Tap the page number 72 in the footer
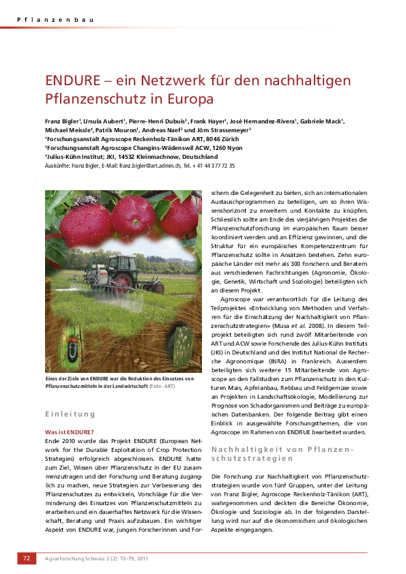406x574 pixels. (x=27, y=558)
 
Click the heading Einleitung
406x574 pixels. (x=70, y=414)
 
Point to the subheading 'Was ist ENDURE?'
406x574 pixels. (x=69, y=432)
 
